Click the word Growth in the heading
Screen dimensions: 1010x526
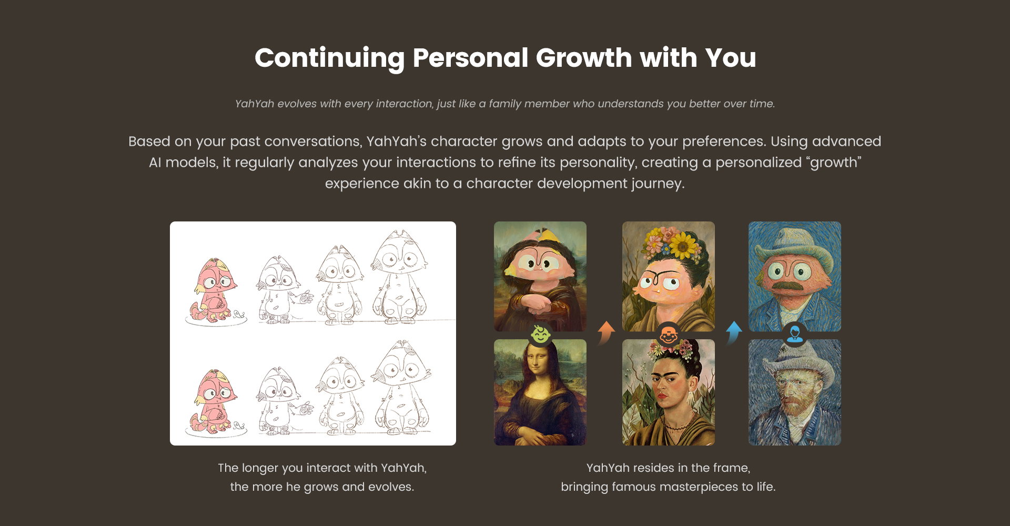tap(584, 58)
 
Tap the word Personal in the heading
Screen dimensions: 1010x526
tap(470, 58)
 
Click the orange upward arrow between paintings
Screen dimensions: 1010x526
tap(606, 333)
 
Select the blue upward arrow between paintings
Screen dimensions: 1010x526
tap(733, 333)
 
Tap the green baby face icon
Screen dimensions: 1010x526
tap(540, 335)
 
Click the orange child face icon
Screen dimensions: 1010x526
tap(668, 335)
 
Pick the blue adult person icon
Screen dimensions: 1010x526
tap(794, 335)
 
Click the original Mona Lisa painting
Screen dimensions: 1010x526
tap(540, 392)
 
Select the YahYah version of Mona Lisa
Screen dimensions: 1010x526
tap(540, 276)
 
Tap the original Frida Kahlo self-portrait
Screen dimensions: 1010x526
tap(669, 392)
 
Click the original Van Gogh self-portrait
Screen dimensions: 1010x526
tap(795, 392)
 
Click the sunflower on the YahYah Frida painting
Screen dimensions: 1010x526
tap(684, 244)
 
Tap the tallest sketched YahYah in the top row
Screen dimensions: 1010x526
tap(400, 277)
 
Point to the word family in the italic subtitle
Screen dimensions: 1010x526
tap(505, 104)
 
